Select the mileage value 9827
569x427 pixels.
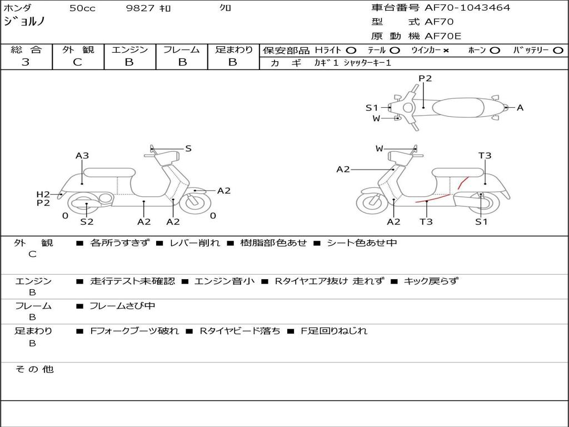139,8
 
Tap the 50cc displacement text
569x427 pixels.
81,8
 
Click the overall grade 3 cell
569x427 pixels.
26,62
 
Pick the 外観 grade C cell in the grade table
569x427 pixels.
78,62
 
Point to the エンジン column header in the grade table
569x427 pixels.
129,49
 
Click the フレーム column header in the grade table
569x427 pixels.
182,49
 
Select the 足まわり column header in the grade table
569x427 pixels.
233,49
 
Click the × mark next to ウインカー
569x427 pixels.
446,50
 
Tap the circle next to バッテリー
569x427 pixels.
558,50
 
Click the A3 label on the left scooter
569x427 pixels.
82,156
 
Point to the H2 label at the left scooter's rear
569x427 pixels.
43,194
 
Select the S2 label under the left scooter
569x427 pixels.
87,221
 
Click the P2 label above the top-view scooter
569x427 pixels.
425,78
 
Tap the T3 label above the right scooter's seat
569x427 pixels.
485,156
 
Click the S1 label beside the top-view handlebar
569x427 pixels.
372,108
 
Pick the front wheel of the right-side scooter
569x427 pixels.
372,203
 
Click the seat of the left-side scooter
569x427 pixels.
109,172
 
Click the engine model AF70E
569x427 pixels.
443,36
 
